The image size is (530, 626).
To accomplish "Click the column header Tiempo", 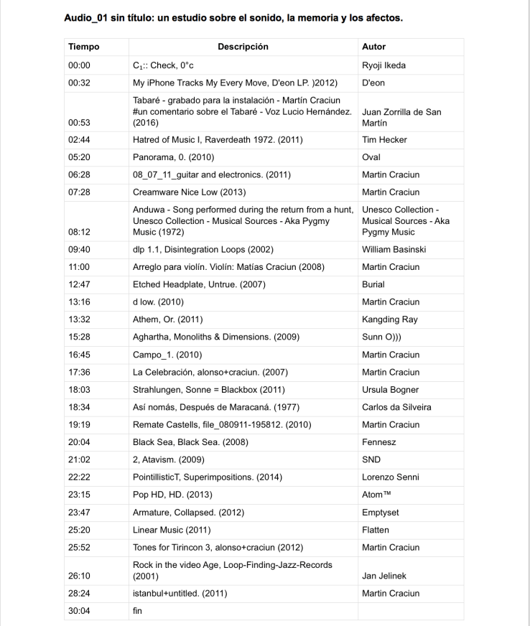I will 83,47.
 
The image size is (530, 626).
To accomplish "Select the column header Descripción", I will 243,47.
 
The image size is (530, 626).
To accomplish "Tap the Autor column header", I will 373,47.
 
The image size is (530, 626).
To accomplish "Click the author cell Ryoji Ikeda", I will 383,65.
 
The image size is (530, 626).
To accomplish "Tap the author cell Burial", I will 373,285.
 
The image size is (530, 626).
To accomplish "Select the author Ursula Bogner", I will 391,390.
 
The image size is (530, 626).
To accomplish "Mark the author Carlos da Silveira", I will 396,407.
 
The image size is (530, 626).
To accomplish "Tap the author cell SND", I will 371,459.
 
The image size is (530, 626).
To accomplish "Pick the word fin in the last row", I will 138,611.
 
